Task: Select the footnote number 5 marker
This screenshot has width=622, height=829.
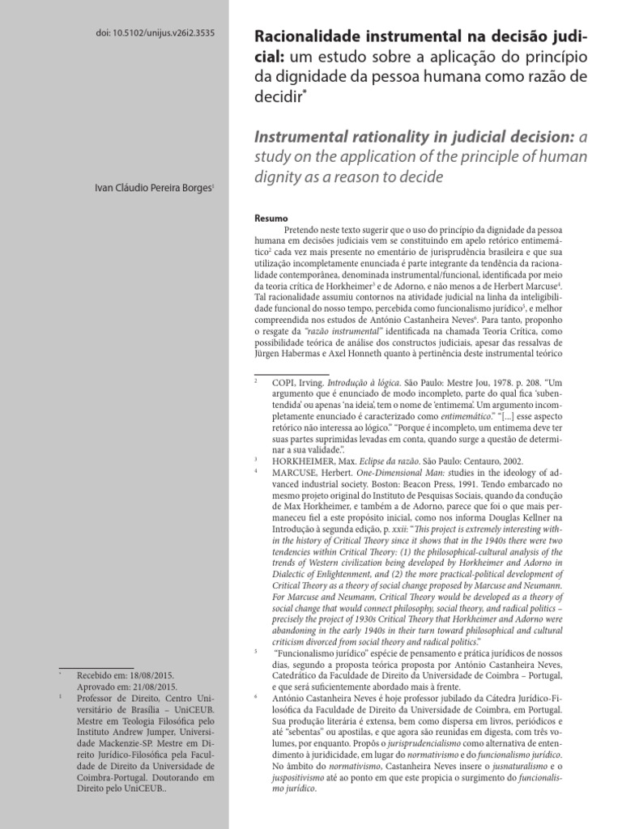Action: tap(256, 649)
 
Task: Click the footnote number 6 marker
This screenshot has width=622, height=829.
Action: tap(256, 694)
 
